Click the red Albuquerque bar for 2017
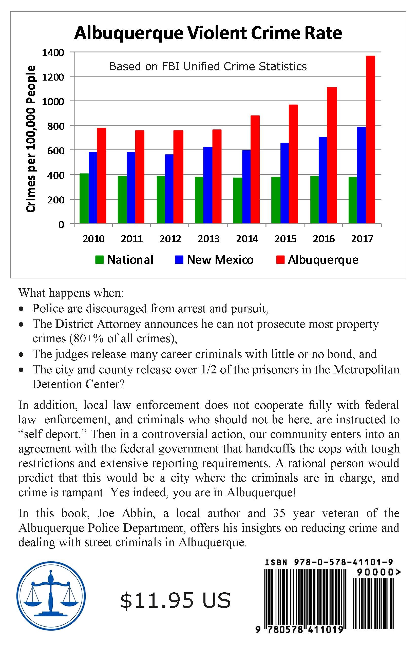click(x=370, y=140)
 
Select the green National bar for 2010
click(x=84, y=198)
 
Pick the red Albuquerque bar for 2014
click(x=255, y=169)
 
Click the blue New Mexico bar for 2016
click(x=323, y=180)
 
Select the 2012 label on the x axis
click(x=170, y=239)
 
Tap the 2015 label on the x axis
click(x=285, y=239)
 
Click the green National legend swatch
click(x=100, y=260)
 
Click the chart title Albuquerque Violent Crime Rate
click(x=208, y=33)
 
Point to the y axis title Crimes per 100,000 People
click(x=31, y=139)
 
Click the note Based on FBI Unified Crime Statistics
click(x=208, y=66)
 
